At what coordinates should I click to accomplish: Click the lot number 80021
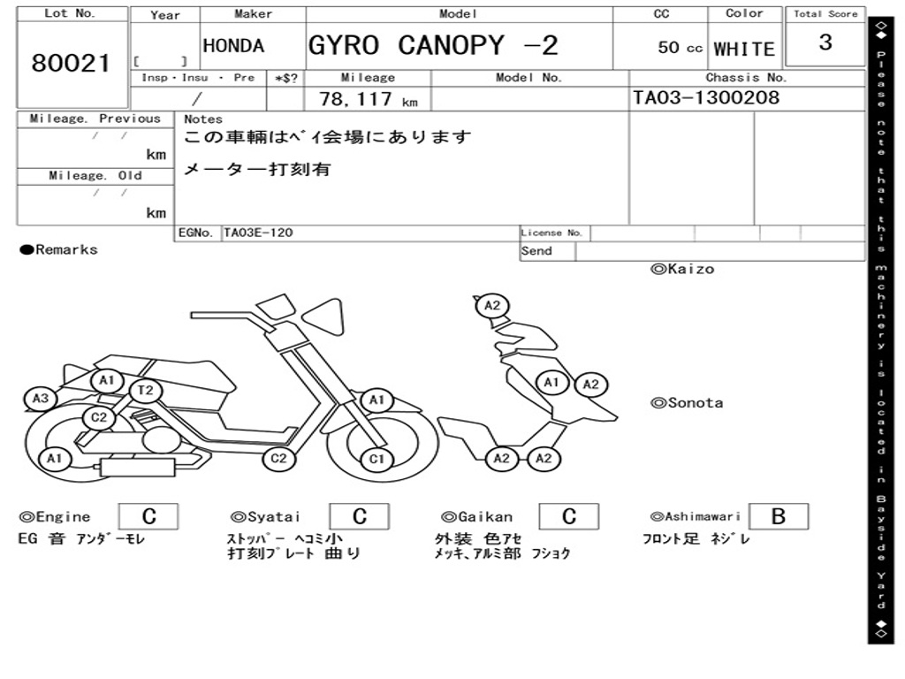click(x=71, y=63)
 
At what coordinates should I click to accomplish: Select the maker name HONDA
click(x=233, y=46)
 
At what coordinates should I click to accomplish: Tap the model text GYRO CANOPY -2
click(x=433, y=45)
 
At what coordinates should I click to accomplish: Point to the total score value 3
click(x=825, y=42)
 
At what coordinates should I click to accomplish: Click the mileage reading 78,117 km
click(x=369, y=99)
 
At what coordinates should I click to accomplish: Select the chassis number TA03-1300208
click(x=706, y=97)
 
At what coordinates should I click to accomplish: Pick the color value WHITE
click(x=744, y=50)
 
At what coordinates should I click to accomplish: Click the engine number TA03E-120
click(x=258, y=233)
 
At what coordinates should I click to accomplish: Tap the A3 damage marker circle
click(x=41, y=399)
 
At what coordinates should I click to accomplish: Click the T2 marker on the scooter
click(x=146, y=391)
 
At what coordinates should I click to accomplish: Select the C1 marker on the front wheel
click(x=376, y=459)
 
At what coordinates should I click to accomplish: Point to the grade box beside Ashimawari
click(x=779, y=516)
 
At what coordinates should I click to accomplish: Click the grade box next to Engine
click(x=148, y=516)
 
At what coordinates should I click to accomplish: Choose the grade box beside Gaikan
click(x=568, y=516)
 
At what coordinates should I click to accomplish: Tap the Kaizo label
click(x=682, y=269)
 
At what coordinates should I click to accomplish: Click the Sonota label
click(x=687, y=403)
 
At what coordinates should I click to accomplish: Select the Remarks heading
click(x=59, y=249)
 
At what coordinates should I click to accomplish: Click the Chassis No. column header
click(x=746, y=78)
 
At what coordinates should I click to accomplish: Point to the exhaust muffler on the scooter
click(x=138, y=467)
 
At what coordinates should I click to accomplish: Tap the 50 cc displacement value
click(x=680, y=48)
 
